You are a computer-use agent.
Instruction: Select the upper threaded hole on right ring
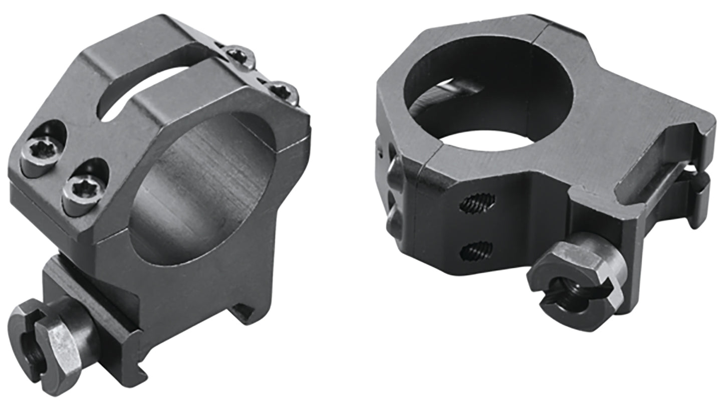point(477,202)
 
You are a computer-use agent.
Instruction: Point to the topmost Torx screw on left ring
point(239,57)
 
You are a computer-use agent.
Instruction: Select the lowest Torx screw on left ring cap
point(84,187)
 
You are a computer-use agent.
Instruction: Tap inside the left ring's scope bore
point(200,190)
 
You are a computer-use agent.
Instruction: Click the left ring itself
point(165,200)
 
